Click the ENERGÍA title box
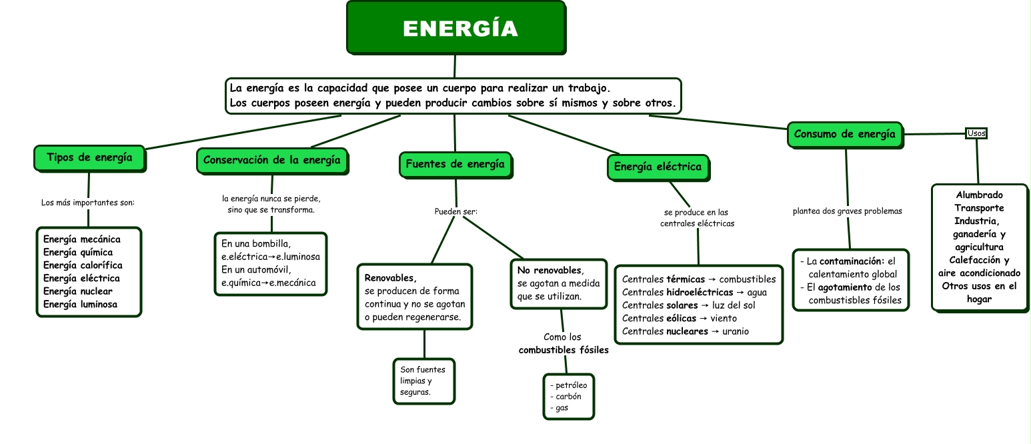click(x=456, y=27)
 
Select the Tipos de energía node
click(x=90, y=158)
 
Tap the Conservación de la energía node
click(x=273, y=161)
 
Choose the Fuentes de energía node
click(x=455, y=165)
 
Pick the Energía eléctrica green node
click(x=658, y=167)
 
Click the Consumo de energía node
click(x=845, y=135)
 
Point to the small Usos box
click(x=976, y=133)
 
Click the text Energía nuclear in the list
click(x=78, y=291)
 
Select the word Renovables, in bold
click(x=390, y=278)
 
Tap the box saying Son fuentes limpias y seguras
click(x=424, y=381)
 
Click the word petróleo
click(x=572, y=385)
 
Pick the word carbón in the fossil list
click(x=568, y=397)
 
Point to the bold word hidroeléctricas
click(x=700, y=292)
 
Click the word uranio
click(x=736, y=331)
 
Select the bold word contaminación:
click(x=852, y=261)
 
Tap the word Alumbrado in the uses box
click(x=980, y=195)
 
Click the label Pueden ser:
click(x=456, y=211)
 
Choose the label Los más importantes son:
click(x=88, y=203)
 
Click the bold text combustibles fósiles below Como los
click(x=564, y=350)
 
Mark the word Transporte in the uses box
click(x=980, y=208)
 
